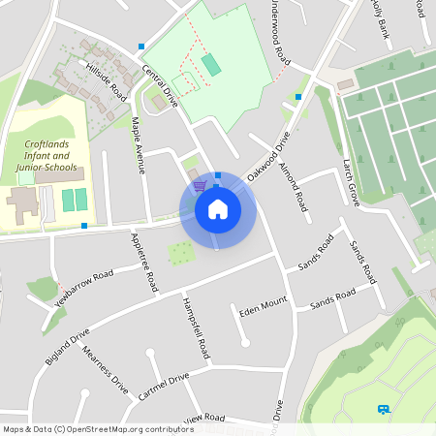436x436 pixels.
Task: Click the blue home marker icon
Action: click(x=218, y=208)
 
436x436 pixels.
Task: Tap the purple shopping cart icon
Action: click(x=200, y=185)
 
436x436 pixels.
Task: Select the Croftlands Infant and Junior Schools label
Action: click(x=47, y=155)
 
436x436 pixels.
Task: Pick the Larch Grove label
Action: click(x=351, y=181)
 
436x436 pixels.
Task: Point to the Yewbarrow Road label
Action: click(x=84, y=288)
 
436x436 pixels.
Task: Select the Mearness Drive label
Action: click(x=105, y=367)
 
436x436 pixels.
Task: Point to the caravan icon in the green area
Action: click(x=385, y=410)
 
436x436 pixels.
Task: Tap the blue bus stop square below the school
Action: click(x=84, y=226)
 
